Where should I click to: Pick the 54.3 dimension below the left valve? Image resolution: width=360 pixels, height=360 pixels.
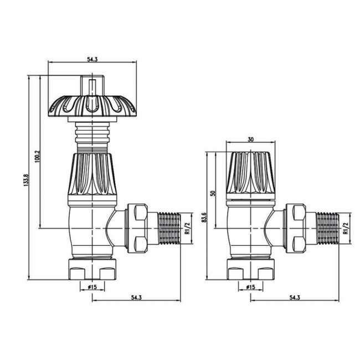point(135,298)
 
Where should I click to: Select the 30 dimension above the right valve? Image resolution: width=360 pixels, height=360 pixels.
point(251,140)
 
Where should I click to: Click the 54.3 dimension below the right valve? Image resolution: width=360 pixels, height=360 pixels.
point(295,298)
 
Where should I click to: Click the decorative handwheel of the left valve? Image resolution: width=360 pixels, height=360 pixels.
point(92,105)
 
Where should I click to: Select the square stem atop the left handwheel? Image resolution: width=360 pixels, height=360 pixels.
point(92,86)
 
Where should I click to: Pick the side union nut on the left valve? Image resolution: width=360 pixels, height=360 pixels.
point(138,227)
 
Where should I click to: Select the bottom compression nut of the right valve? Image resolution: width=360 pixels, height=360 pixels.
point(251,270)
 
